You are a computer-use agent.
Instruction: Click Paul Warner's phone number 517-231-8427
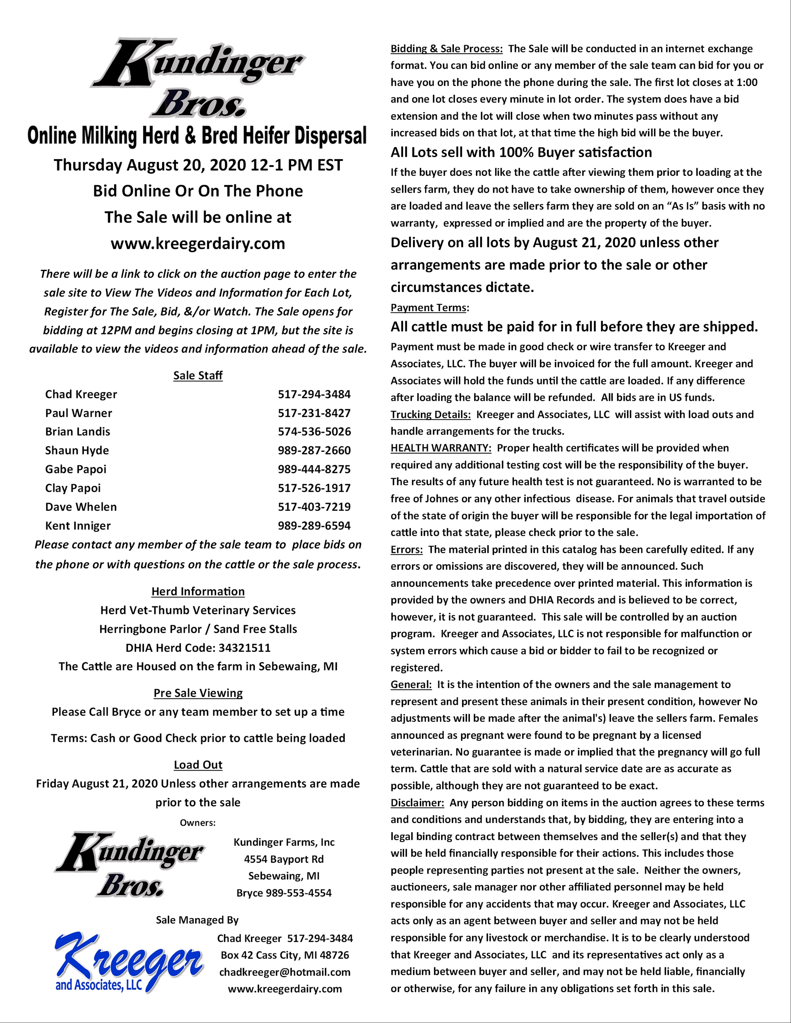tap(314, 413)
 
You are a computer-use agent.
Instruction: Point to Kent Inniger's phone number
tap(314, 525)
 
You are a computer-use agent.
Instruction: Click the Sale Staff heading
tap(198, 376)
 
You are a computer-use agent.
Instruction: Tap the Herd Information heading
tap(198, 591)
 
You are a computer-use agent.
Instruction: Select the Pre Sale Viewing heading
tap(198, 693)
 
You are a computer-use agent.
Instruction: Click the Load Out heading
tap(198, 765)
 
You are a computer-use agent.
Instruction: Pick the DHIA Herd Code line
tap(198, 648)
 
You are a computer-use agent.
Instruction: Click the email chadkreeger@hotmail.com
tap(284, 972)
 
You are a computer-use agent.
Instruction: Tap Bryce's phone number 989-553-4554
tap(298, 893)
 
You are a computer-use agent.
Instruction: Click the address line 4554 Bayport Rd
tap(284, 859)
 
